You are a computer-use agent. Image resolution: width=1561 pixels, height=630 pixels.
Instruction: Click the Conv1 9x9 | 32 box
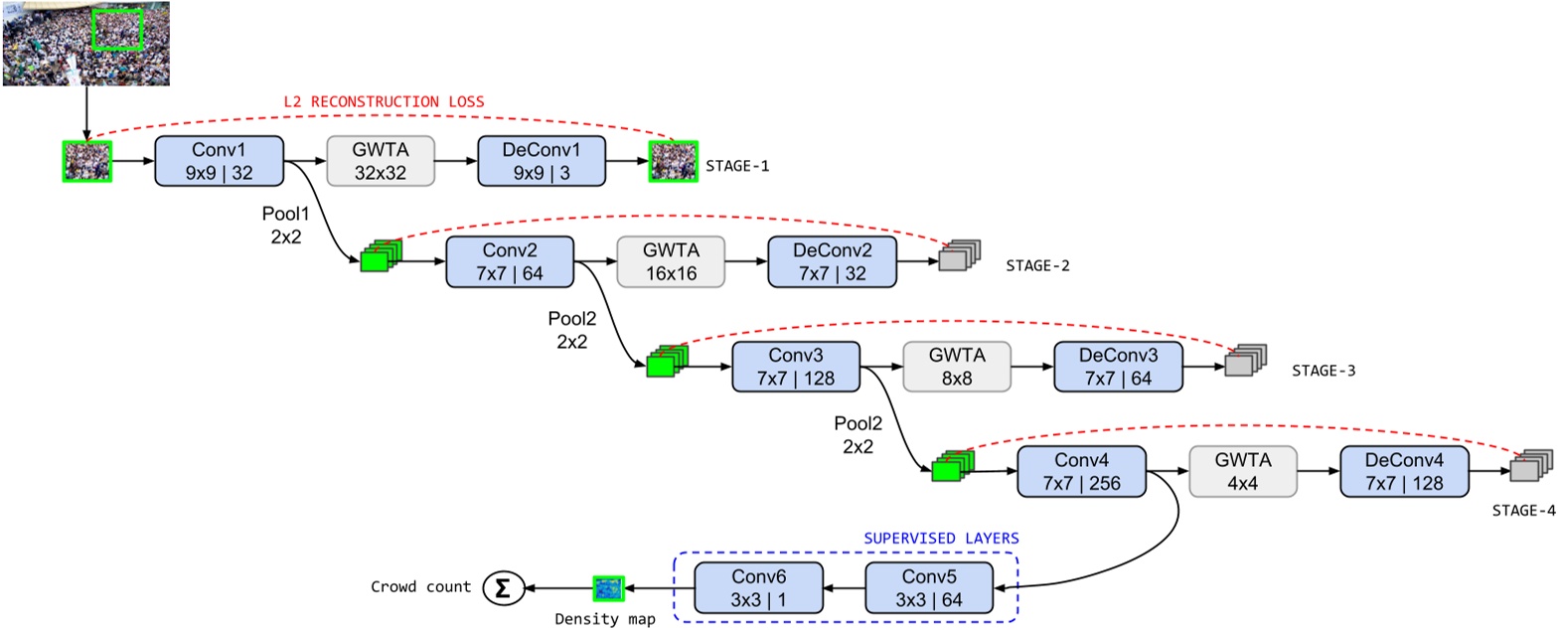[219, 161]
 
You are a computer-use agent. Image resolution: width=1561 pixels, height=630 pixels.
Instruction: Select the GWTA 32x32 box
[381, 161]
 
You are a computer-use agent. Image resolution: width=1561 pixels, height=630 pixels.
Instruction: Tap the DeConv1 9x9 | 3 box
[542, 161]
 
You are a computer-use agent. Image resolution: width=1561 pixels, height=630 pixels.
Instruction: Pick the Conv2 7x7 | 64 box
[510, 262]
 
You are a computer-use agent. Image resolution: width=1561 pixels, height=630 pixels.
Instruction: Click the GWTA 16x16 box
[671, 262]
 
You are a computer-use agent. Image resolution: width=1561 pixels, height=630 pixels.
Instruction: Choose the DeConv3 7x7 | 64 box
[1118, 368]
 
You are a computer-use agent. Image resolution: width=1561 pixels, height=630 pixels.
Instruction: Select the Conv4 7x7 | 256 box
[1081, 472]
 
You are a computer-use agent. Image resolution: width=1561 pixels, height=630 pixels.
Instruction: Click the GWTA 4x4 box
[1242, 472]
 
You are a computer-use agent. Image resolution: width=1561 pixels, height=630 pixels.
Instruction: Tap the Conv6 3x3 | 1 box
[758, 588]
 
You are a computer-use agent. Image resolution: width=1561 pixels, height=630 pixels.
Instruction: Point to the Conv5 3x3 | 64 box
[929, 588]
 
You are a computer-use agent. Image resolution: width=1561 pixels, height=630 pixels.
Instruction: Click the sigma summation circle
[503, 588]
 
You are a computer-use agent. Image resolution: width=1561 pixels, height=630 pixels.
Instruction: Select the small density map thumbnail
[607, 588]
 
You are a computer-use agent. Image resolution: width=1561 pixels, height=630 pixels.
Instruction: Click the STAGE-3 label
[1323, 371]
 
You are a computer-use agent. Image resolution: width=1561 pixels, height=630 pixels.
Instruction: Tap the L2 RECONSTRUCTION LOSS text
[384, 101]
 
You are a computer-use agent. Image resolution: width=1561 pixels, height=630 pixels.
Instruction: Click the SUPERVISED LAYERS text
[941, 539]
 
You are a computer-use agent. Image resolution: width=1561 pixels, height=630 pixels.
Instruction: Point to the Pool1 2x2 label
[285, 226]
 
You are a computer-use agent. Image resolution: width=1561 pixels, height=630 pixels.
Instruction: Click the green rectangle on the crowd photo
[117, 29]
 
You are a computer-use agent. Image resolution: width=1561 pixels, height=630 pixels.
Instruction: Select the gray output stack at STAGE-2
[959, 255]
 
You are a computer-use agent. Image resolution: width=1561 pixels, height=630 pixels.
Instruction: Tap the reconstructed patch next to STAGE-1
[673, 161]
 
